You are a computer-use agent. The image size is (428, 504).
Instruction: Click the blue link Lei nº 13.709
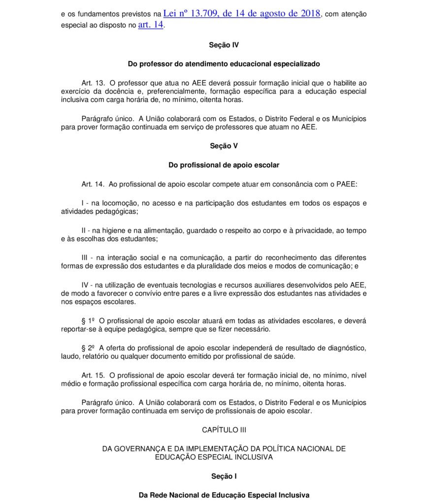(241, 14)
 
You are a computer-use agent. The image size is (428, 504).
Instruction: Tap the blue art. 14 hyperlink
(150, 25)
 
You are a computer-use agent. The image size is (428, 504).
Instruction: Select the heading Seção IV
(224, 45)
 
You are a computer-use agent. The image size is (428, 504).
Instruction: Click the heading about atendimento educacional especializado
(224, 64)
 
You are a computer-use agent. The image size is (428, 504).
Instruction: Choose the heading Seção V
(224, 146)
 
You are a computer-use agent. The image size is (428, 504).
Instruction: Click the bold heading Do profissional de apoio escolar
(224, 165)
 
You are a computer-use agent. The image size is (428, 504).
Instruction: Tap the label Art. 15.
(93, 375)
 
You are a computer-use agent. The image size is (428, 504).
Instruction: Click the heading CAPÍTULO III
(224, 430)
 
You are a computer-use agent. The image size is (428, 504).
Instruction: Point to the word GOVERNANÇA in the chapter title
(146, 449)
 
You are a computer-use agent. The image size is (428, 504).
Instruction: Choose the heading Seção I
(224, 476)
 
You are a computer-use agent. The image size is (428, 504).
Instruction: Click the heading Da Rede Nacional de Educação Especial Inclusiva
(224, 495)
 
